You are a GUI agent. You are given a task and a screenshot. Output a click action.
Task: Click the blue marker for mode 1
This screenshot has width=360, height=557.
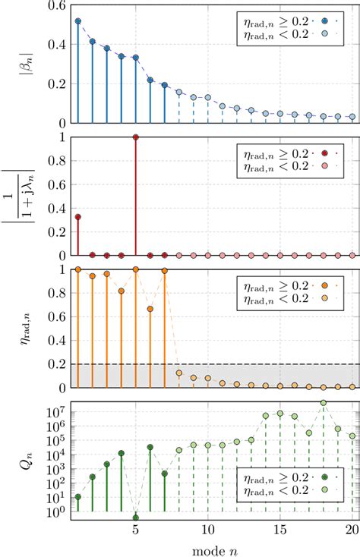tap(77, 21)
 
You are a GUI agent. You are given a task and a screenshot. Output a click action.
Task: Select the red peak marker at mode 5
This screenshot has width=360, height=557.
tap(135, 137)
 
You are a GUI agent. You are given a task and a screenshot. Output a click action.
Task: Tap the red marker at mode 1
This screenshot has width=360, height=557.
tap(77, 217)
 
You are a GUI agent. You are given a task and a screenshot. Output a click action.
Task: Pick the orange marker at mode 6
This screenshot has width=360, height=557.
tap(150, 309)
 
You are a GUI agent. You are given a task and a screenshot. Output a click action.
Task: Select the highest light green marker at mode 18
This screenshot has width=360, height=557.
tap(324, 403)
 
